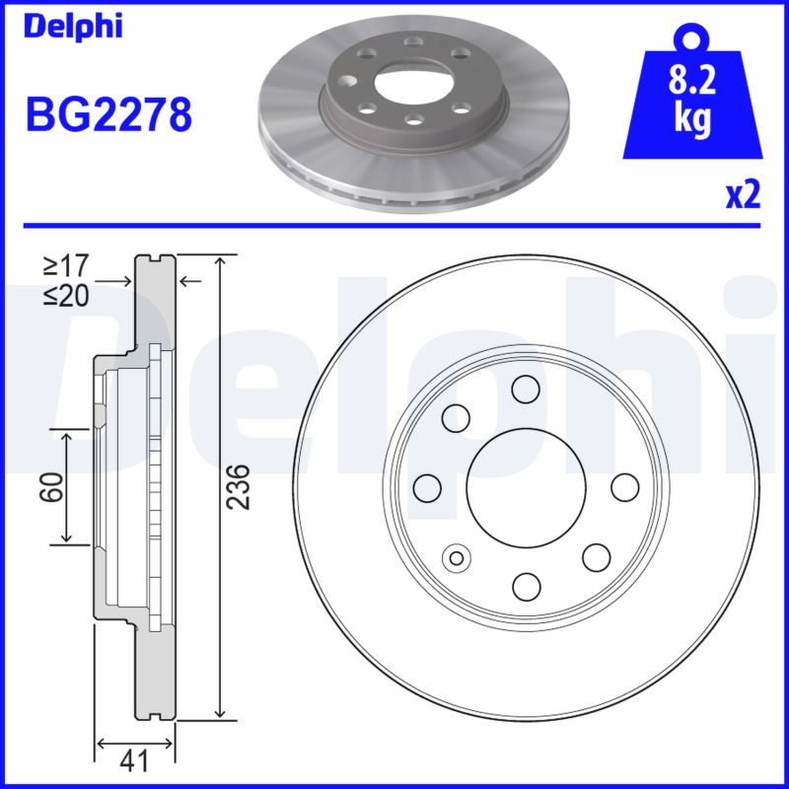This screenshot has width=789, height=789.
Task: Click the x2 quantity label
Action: click(x=743, y=195)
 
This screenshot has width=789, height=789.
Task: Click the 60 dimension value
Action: click(x=52, y=486)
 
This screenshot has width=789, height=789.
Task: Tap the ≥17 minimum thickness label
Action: click(x=66, y=265)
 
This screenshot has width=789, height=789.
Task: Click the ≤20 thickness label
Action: click(x=66, y=295)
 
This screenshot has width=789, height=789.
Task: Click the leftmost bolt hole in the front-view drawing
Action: click(x=427, y=487)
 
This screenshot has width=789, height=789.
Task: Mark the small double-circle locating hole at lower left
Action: click(x=457, y=558)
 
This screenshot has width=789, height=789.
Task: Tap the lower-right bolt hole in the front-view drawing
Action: click(x=597, y=557)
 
